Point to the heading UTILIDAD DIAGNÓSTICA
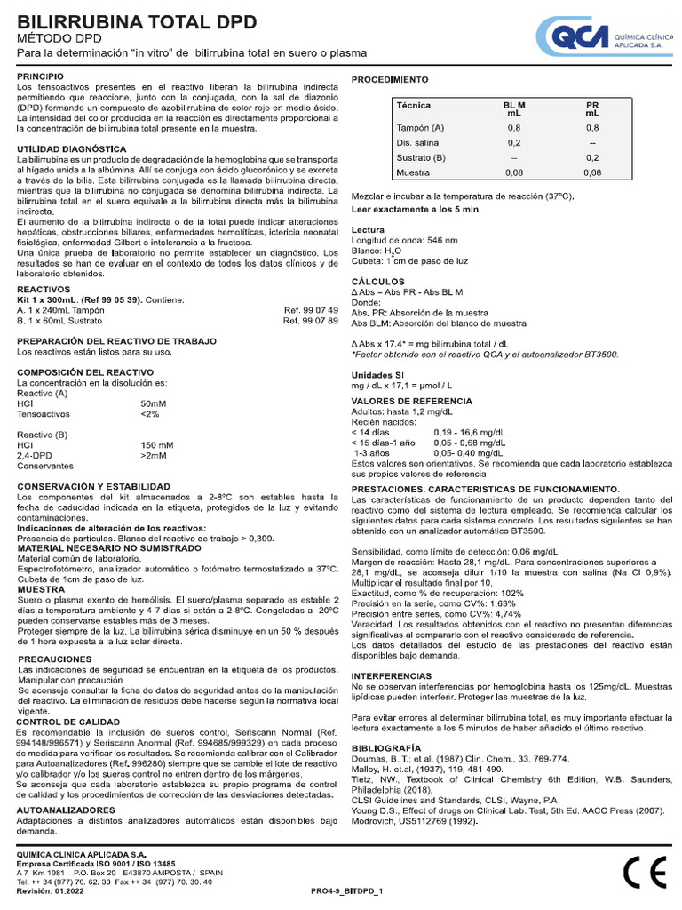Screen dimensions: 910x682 coord(72,148)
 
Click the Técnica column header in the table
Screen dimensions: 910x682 coord(413,106)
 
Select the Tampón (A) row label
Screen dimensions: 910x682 coord(420,129)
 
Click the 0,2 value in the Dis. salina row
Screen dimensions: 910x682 coord(514,143)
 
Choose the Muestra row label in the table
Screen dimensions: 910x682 coord(413,172)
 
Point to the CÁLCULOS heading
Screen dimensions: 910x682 coord(377,281)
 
